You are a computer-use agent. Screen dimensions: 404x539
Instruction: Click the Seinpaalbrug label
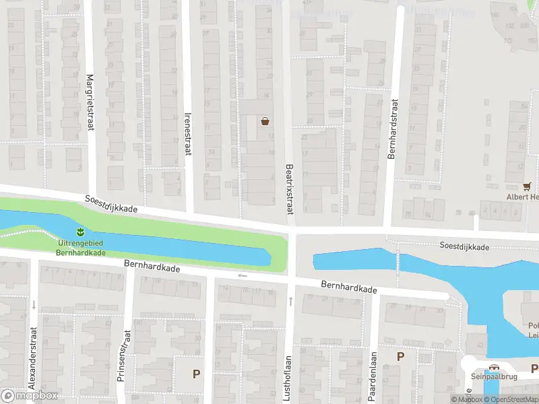494,377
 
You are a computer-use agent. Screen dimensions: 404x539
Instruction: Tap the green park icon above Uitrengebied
80,232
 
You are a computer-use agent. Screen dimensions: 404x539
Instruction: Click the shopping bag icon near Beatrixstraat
265,121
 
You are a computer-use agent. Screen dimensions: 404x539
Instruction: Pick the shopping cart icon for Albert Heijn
527,186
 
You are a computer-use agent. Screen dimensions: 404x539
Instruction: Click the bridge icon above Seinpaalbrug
494,367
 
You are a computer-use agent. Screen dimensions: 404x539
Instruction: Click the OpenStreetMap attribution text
509,400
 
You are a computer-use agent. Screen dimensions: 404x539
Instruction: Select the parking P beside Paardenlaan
400,356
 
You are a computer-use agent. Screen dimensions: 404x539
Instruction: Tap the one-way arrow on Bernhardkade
242,275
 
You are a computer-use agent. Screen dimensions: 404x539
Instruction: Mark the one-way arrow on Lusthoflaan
291,301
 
